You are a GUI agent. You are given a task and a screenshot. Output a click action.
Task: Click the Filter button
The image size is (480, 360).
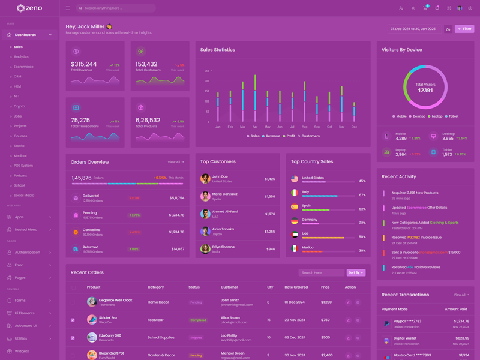click(x=464, y=29)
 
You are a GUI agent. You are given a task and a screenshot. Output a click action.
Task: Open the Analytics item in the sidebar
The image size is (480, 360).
click(x=21, y=56)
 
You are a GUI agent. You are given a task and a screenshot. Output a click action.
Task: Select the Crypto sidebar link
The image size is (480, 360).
click(x=19, y=106)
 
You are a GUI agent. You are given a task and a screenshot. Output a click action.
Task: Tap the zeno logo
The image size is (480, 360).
click(x=29, y=8)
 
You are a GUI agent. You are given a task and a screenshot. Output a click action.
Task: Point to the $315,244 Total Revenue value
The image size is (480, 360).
click(x=83, y=64)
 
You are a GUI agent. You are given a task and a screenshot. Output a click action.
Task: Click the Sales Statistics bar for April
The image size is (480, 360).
click(x=255, y=99)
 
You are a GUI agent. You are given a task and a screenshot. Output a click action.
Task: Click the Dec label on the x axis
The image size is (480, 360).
click(x=354, y=127)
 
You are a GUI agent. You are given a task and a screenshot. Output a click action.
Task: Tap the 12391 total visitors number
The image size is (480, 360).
click(x=425, y=91)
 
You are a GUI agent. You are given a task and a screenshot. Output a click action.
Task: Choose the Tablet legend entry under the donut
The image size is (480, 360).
click(x=452, y=116)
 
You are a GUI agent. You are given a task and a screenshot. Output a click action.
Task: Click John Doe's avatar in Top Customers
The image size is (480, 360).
click(x=205, y=179)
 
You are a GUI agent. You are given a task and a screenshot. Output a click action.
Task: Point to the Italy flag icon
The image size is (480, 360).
click(x=295, y=193)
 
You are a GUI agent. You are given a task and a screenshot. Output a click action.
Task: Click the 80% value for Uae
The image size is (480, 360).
click(x=362, y=236)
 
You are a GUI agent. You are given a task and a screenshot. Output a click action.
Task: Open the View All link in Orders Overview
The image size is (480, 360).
click(x=175, y=162)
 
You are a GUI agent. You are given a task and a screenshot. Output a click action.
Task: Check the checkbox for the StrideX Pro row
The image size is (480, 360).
click(x=73, y=320)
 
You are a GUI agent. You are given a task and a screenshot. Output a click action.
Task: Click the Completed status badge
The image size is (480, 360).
click(x=198, y=320)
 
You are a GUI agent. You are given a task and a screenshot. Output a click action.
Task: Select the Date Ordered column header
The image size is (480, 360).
click(x=296, y=287)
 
